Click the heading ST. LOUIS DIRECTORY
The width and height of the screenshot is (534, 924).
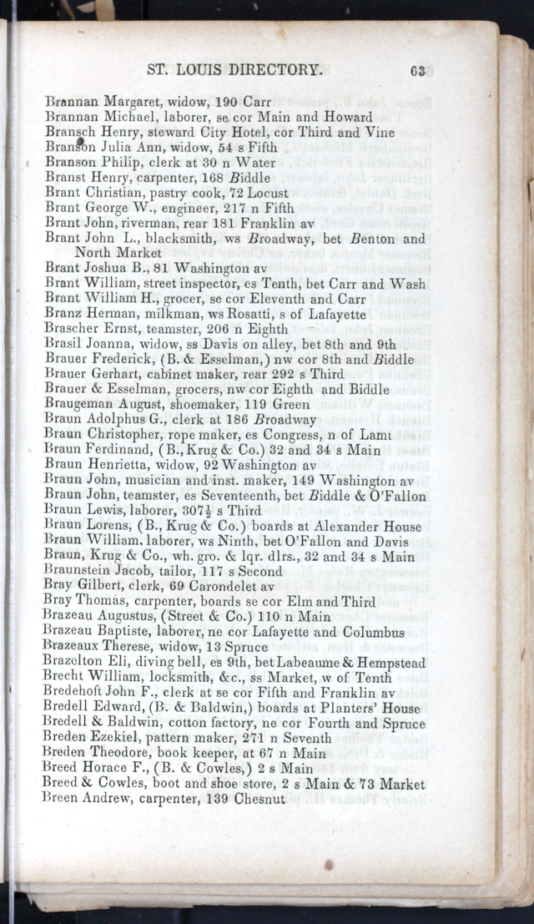[x=234, y=70]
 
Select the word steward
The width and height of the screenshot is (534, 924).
[x=153, y=132]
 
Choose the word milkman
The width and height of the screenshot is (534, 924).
[x=163, y=314]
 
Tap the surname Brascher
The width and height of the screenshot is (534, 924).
[x=73, y=329]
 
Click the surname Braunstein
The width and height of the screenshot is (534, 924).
[x=80, y=570]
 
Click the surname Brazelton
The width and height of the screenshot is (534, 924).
[x=76, y=662]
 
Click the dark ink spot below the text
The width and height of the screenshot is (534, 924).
[x=329, y=866]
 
